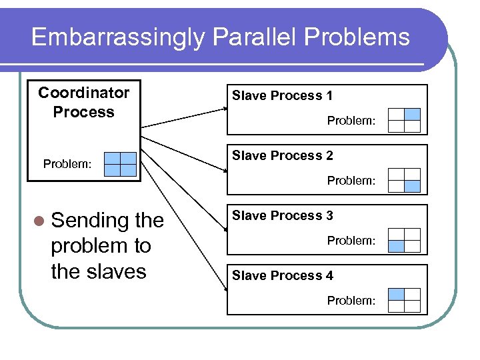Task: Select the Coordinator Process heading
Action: click(83, 102)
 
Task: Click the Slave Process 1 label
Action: click(282, 96)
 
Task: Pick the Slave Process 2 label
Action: click(282, 156)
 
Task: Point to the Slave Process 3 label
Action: click(282, 216)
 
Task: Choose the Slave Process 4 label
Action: click(282, 276)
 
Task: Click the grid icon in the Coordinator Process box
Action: click(120, 164)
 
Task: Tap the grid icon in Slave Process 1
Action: click(404, 120)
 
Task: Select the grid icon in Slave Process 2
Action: click(404, 180)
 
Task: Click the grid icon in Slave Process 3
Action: click(404, 240)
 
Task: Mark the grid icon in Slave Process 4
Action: click(404, 300)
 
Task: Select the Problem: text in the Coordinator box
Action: click(67, 164)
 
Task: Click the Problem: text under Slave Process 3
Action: click(351, 241)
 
